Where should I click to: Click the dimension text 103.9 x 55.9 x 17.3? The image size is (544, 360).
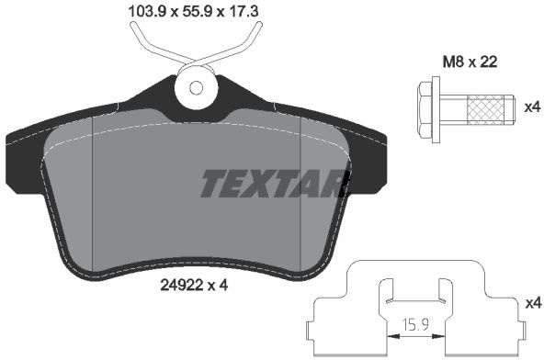[x=193, y=12]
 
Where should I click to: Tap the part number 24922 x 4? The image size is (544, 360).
[x=194, y=286]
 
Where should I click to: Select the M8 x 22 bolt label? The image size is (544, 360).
[x=470, y=62]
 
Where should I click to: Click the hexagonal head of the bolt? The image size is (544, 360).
[x=425, y=109]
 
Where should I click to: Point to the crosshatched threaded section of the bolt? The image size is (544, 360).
[x=485, y=109]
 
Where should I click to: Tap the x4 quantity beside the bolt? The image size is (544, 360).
[x=532, y=107]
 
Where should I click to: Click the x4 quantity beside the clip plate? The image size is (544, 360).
[x=533, y=304]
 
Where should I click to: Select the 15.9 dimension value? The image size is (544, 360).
[x=415, y=324]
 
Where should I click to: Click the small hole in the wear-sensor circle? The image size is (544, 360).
[x=196, y=88]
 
